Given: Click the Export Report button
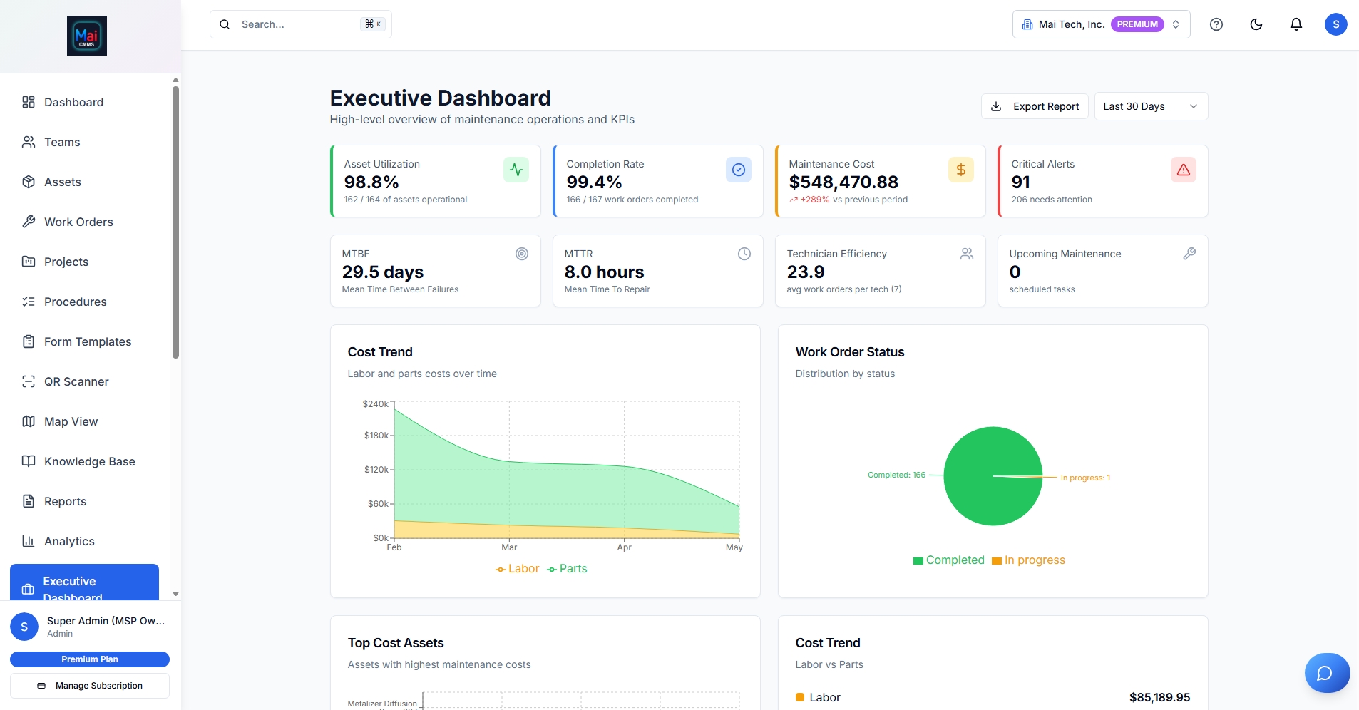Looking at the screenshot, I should click(x=1035, y=106).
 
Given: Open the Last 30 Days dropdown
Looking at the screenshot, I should click(x=1150, y=106).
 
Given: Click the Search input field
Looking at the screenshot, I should click(x=299, y=24).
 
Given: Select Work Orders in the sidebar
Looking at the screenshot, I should click(x=78, y=222).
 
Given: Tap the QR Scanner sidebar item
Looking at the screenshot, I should click(x=76, y=381).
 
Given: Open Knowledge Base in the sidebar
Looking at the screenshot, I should click(x=89, y=461).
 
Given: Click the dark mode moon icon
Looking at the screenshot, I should click(x=1256, y=24).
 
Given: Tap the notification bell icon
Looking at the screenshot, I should click(x=1296, y=24).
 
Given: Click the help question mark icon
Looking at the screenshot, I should click(x=1216, y=24).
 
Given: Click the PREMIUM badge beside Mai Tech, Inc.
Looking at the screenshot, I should click(x=1137, y=24).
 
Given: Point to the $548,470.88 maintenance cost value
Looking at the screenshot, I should click(x=843, y=182).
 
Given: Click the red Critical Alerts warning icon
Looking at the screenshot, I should click(x=1183, y=170).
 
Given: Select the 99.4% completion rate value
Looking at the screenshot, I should click(x=594, y=182).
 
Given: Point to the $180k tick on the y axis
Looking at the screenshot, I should click(x=376, y=436).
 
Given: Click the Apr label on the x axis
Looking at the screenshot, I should click(x=624, y=547).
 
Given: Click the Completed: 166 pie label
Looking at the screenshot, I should click(x=896, y=475).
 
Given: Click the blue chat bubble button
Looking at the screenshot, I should click(x=1326, y=673).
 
